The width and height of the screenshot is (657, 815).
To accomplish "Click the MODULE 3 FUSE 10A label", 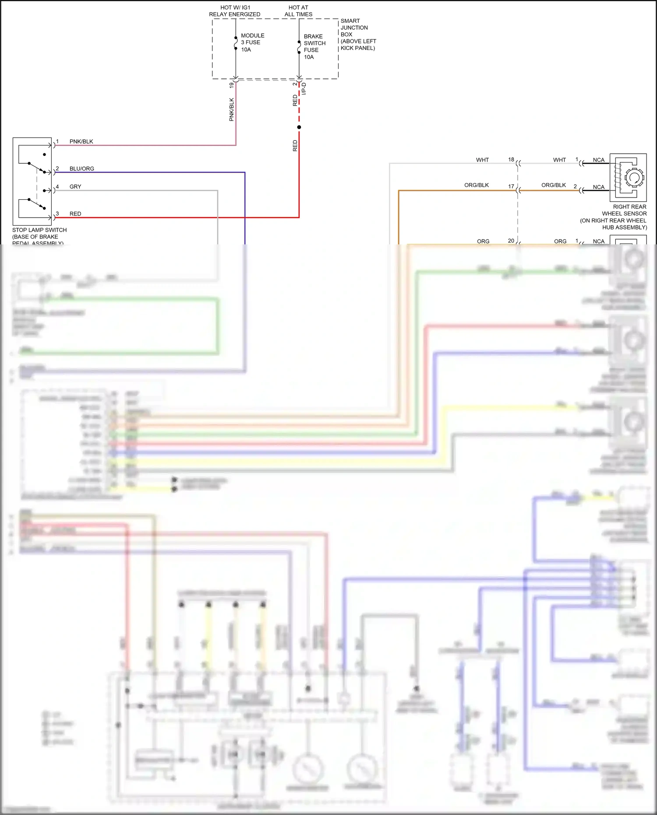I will [x=252, y=42].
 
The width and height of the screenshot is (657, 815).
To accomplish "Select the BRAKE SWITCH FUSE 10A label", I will [x=314, y=46].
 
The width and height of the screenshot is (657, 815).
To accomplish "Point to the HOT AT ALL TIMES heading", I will [x=298, y=11].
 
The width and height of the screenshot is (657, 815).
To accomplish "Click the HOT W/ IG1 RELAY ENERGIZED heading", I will [x=235, y=11].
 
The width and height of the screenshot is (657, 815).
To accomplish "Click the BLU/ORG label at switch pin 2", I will [x=81, y=169].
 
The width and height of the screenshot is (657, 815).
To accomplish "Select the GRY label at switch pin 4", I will [x=75, y=187].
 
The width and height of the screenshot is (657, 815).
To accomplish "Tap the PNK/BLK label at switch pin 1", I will [x=81, y=141].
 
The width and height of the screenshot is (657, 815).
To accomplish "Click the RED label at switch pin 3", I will [x=75, y=214].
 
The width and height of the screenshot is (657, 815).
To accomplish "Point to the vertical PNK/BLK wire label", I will [x=232, y=109].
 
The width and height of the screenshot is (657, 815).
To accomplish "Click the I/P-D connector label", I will [x=304, y=89].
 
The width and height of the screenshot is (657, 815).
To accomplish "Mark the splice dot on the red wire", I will [x=299, y=127].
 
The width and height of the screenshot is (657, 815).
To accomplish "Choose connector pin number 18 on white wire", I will [x=511, y=159].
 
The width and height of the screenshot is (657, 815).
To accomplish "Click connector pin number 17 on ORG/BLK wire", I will [x=511, y=186].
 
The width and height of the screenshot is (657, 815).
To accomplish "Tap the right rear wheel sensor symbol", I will [x=628, y=177].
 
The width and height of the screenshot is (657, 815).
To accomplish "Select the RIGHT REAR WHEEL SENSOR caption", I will [x=614, y=217].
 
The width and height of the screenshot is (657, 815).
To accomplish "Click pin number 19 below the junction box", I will [x=231, y=85].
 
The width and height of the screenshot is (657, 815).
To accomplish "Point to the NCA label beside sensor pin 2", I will [x=598, y=187].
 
